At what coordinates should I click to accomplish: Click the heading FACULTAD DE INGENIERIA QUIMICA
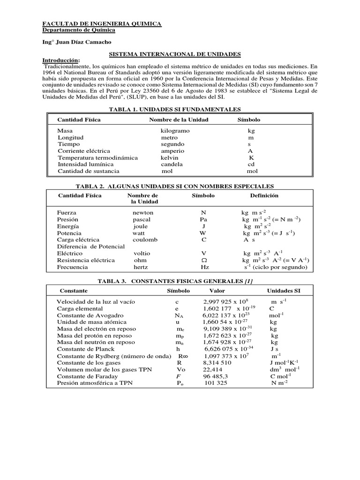click(x=102, y=23)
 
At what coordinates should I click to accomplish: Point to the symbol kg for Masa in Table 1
click(x=251, y=131)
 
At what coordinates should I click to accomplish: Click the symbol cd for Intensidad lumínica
click(x=251, y=165)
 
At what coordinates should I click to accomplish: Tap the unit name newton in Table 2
click(x=143, y=212)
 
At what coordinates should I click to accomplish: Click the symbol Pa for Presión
click(x=203, y=219)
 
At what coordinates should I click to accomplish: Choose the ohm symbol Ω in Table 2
click(x=203, y=260)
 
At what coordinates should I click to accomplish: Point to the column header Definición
click(x=264, y=195)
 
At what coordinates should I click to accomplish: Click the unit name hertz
click(x=140, y=267)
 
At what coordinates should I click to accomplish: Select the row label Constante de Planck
click(x=85, y=349)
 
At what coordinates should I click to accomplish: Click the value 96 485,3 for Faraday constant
click(x=216, y=376)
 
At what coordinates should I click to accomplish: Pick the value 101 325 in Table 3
click(x=216, y=383)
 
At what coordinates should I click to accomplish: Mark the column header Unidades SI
click(x=284, y=291)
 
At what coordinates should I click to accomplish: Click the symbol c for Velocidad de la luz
click(x=177, y=302)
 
